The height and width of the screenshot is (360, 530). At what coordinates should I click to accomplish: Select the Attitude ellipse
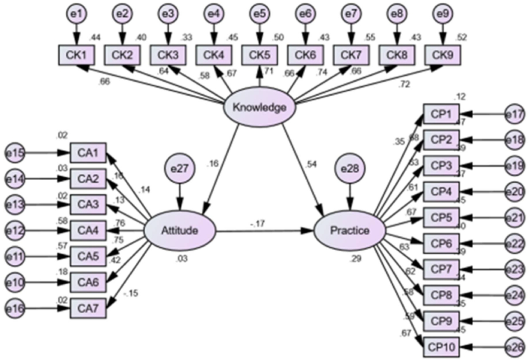[179, 231]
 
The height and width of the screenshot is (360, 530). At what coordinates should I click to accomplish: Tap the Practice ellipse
[349, 231]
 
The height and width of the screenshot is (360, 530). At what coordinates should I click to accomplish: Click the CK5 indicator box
[259, 55]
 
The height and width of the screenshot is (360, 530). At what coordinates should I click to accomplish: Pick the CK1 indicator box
[77, 55]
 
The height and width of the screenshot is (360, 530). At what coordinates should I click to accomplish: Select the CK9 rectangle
[442, 55]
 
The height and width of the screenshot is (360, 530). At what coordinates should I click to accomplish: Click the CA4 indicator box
[88, 231]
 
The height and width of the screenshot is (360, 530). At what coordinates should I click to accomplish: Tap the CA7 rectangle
[88, 308]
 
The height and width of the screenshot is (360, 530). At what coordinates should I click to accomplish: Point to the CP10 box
[441, 347]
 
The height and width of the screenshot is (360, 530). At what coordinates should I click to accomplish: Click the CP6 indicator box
[441, 243]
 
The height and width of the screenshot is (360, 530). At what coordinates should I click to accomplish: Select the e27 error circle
[179, 169]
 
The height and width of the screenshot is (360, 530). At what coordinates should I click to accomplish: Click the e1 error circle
[77, 14]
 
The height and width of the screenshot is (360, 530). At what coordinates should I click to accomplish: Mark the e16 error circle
[15, 308]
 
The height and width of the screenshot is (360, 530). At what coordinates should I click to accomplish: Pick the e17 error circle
[514, 114]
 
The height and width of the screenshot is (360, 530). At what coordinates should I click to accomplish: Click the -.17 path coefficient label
[258, 224]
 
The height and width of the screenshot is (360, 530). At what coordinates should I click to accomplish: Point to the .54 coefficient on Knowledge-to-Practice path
[311, 164]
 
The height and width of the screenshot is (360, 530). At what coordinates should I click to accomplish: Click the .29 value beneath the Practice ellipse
[355, 259]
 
